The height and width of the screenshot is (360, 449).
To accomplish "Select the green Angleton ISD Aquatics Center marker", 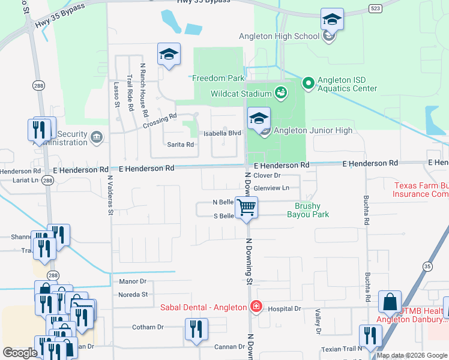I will [308, 83].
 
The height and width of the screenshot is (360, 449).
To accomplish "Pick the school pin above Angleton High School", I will [332, 20].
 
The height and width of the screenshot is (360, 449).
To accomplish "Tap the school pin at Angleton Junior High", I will [259, 118].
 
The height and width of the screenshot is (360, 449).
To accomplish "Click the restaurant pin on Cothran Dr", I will [196, 329].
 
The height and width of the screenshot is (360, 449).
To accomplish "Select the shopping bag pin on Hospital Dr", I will [390, 302].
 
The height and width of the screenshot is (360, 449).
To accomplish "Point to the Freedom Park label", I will [218, 78].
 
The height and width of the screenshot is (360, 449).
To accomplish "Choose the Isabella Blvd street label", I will [222, 133].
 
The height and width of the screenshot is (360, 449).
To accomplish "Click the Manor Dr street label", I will [133, 281].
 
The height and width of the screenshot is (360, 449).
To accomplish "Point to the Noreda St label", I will [133, 295].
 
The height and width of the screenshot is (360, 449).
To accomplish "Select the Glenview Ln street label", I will [271, 188].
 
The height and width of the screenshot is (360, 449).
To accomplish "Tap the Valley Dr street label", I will [318, 322].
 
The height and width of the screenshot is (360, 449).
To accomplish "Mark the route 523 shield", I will [373, 8].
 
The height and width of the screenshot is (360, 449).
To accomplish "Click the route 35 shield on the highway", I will [427, 266].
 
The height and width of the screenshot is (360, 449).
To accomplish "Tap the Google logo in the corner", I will [20, 353].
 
